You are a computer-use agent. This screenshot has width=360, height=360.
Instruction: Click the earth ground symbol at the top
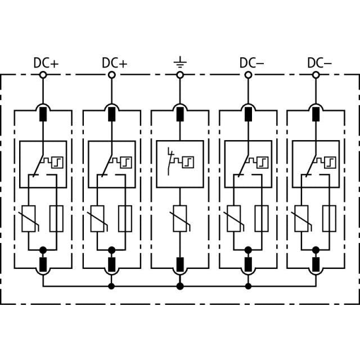tap(180, 62)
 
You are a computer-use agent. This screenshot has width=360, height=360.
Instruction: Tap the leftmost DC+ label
tap(46, 63)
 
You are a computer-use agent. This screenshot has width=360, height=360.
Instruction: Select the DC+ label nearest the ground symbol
tap(115, 63)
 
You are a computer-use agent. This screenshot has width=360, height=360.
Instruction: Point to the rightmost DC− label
tap(319, 63)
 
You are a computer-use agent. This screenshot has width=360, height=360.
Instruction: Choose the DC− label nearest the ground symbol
tap(252, 63)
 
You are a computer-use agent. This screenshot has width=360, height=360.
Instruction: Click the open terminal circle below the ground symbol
tap(180, 75)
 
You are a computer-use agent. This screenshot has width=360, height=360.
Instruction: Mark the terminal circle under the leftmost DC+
tap(43, 75)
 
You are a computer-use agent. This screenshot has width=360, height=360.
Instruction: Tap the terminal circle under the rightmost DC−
tap(316, 75)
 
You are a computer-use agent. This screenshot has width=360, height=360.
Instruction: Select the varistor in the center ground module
tap(180, 219)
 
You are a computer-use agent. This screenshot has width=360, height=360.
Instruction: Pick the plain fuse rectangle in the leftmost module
tap(56, 219)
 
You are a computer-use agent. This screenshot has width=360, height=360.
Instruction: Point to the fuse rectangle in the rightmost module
tap(329, 219)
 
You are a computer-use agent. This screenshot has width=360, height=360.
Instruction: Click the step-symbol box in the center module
tap(188, 163)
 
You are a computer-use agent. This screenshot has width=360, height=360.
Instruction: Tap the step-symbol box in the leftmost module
tap(57, 163)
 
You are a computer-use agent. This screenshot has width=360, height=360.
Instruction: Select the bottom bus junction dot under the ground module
tap(180, 286)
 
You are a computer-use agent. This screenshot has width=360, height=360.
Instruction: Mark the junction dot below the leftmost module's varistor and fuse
tap(43, 250)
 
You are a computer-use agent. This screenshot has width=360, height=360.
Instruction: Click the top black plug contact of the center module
tap(180, 114)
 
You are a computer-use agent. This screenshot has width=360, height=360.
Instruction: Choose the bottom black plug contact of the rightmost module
tap(316, 264)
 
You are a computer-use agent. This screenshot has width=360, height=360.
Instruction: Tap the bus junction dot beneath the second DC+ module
tap(111, 286)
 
